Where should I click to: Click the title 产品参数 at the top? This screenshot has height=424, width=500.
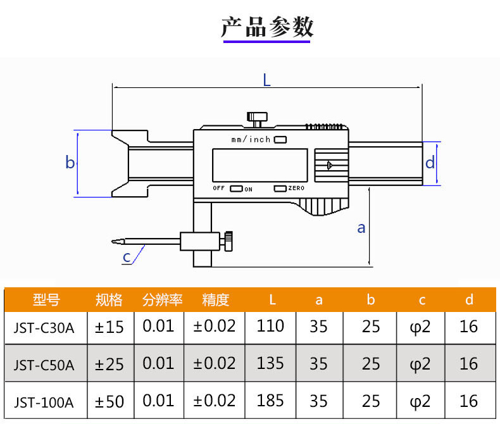click(x=267, y=27)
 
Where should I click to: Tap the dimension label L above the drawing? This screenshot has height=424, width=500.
click(x=267, y=80)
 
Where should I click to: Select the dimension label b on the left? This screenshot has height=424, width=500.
click(x=70, y=162)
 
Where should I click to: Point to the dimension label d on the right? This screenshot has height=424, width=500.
click(x=430, y=162)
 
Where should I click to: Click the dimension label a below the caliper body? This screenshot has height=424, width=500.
click(x=361, y=228)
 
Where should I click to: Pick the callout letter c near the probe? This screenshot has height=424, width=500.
click(x=127, y=257)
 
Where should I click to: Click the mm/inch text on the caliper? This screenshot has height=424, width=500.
click(x=251, y=139)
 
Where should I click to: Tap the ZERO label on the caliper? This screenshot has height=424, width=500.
click(x=296, y=188)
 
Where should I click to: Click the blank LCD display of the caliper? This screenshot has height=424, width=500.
click(x=260, y=165)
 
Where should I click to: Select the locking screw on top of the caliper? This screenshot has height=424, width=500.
click(x=257, y=119)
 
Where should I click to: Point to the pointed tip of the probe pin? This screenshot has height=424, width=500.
click(x=112, y=242)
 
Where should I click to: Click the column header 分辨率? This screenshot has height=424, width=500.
click(x=162, y=300)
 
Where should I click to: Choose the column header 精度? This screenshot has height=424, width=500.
click(x=216, y=300)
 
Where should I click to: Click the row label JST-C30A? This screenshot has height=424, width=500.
click(x=44, y=328)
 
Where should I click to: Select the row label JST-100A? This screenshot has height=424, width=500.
click(x=44, y=402)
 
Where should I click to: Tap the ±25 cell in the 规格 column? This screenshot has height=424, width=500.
click(x=109, y=365)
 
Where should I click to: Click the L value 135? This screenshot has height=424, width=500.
click(x=270, y=363)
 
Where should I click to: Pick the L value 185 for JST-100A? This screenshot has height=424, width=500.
click(x=270, y=401)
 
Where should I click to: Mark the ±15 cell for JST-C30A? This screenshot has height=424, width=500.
click(x=109, y=327)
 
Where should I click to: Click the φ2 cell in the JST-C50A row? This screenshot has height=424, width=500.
click(x=420, y=365)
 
